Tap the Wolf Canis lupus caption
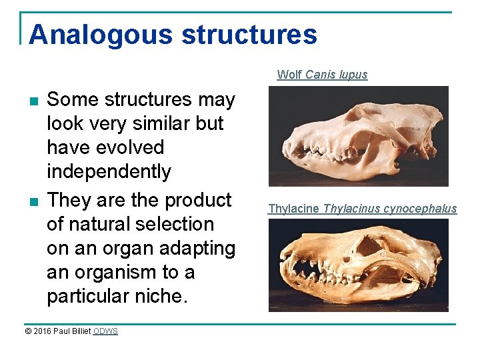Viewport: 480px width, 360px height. click(322, 75)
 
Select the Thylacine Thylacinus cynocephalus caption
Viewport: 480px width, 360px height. click(362, 209)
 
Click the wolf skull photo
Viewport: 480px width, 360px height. click(358, 136)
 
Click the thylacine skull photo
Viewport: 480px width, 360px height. click(358, 265)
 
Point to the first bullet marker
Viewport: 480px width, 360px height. click(33, 101)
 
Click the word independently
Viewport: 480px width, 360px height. click(109, 171)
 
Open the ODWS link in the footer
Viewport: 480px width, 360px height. click(105, 331)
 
